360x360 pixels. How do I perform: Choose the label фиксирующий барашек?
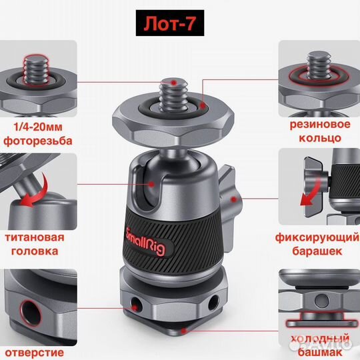(x=317, y=244)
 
